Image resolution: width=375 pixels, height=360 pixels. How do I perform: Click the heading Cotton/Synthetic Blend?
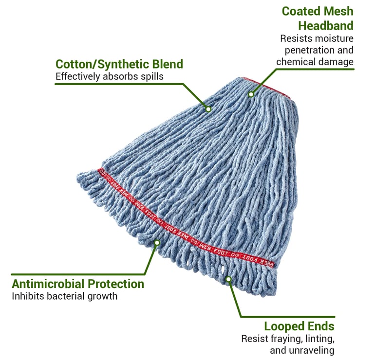pos(119,64)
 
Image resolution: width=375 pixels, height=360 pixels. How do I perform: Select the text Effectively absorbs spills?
pos(110,76)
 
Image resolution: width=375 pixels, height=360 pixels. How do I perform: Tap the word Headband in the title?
pos(326,26)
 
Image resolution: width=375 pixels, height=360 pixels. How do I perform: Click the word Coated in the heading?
pos(300,11)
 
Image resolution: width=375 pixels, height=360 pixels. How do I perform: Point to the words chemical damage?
pos(315,62)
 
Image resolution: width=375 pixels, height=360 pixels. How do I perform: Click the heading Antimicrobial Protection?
pos(78,284)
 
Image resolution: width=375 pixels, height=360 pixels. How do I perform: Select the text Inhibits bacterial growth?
pos(65,296)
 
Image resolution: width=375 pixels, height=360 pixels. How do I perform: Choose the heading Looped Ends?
pos(299,326)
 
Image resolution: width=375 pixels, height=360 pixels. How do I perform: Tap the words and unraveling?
pos(302,350)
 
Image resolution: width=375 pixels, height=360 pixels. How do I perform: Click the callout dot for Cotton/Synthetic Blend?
pos(208,109)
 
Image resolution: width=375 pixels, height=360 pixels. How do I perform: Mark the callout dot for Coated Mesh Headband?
pos(251,94)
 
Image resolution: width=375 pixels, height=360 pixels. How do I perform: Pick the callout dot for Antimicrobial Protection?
pos(157,243)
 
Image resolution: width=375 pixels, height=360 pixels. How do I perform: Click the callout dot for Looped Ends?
pos(228,279)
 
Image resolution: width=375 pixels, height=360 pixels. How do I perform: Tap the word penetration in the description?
pos(300,50)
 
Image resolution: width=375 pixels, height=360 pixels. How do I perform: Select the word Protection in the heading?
pos(116,284)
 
